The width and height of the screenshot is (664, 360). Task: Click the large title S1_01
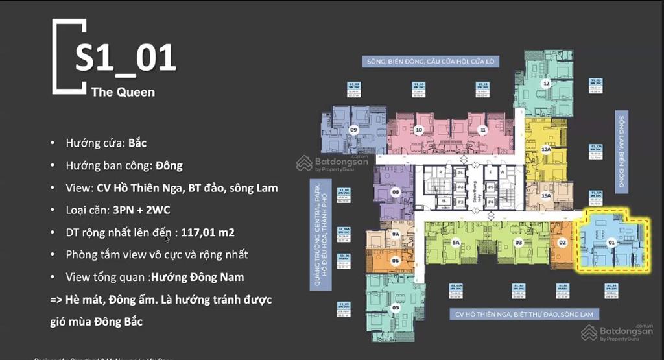pyautogui.click(x=125, y=57)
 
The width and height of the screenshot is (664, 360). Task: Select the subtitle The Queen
pyautogui.click(x=123, y=91)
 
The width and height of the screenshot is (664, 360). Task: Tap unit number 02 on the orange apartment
pyautogui.click(x=563, y=243)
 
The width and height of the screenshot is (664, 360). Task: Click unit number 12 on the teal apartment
pyautogui.click(x=547, y=83)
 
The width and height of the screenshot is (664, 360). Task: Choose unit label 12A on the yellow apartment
pyautogui.click(x=546, y=149)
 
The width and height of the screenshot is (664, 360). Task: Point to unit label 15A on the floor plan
pyautogui.click(x=546, y=196)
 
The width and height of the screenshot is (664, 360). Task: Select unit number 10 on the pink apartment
pyautogui.click(x=419, y=130)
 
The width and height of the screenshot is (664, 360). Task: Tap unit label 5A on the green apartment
pyautogui.click(x=456, y=243)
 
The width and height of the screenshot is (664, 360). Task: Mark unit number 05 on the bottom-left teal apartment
pyautogui.click(x=396, y=307)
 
